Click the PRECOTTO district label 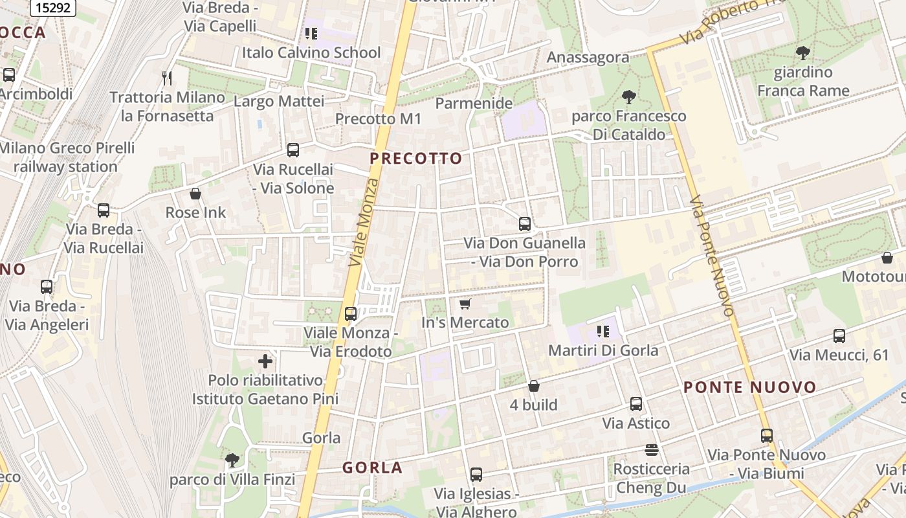[416, 159]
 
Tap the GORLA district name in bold [372, 467]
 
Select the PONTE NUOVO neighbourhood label [750, 388]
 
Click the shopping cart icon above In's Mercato [465, 304]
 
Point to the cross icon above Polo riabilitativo [265, 361]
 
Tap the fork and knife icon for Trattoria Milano [168, 78]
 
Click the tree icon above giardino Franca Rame [802, 53]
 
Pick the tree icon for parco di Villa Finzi [232, 460]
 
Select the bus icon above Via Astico [636, 404]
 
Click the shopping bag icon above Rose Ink [195, 194]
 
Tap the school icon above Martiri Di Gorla [603, 332]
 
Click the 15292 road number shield [52, 7]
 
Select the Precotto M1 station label [378, 119]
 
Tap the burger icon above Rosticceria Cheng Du [652, 449]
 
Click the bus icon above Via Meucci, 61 [839, 336]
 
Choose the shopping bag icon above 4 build [533, 386]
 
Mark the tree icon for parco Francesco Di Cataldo [628, 98]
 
